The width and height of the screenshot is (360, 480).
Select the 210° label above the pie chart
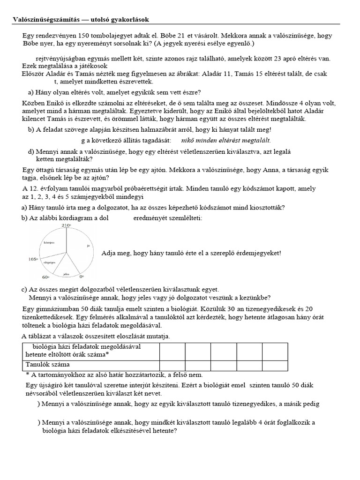point(65,225)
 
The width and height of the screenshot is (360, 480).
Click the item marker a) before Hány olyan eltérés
point(33,92)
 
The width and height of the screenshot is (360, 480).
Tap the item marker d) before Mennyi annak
point(33,151)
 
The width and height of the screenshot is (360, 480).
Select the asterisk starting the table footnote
point(28,375)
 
